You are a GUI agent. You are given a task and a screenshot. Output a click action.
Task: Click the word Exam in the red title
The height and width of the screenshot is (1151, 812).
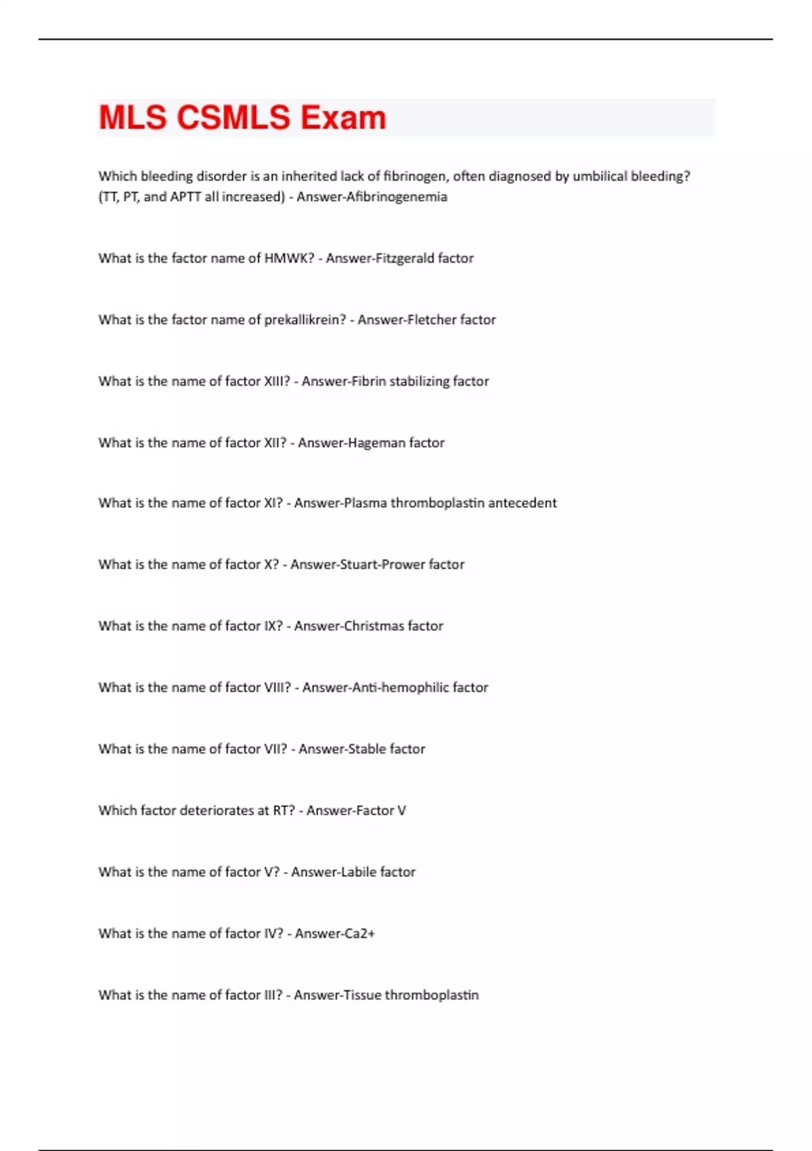click(343, 118)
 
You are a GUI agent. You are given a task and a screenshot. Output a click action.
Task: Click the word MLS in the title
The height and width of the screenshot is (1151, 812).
click(133, 118)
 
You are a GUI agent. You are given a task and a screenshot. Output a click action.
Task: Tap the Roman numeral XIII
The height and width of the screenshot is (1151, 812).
click(276, 381)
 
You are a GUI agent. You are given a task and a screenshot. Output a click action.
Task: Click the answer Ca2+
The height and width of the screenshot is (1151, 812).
click(359, 934)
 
